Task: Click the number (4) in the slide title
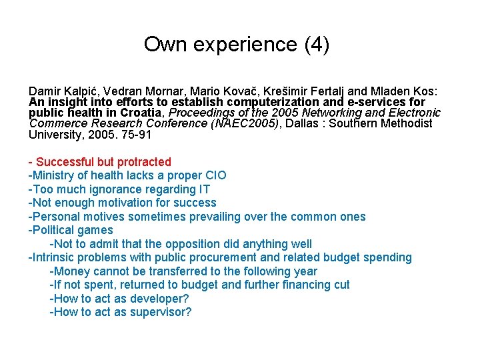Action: click(316, 45)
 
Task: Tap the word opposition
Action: click(199, 244)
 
